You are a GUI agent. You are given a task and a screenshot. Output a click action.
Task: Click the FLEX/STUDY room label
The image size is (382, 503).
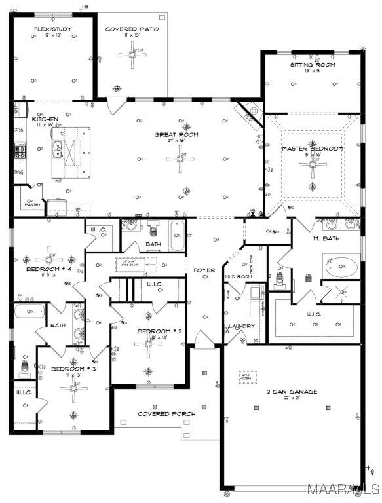52,29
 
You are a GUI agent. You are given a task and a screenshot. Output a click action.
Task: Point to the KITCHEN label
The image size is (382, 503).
45,119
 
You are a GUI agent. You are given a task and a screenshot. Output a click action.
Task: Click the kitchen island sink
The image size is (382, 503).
58,149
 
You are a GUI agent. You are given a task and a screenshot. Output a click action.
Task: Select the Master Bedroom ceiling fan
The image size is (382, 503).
312,166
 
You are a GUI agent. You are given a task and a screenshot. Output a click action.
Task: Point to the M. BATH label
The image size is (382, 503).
324,238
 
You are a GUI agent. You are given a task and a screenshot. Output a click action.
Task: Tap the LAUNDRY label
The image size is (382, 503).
241,326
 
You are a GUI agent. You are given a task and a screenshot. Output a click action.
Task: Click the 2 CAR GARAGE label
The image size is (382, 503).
292,391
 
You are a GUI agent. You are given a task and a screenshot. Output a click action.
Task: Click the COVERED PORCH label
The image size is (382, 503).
166,414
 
